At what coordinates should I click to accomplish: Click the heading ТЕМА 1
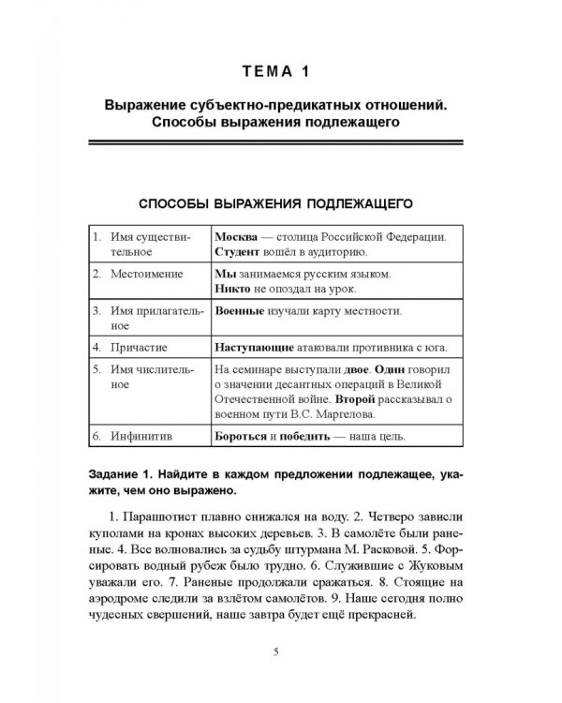[x=280, y=69]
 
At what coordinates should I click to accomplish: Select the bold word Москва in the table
[x=238, y=236]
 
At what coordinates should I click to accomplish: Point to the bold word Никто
[x=234, y=292]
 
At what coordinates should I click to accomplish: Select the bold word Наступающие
[x=256, y=347]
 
